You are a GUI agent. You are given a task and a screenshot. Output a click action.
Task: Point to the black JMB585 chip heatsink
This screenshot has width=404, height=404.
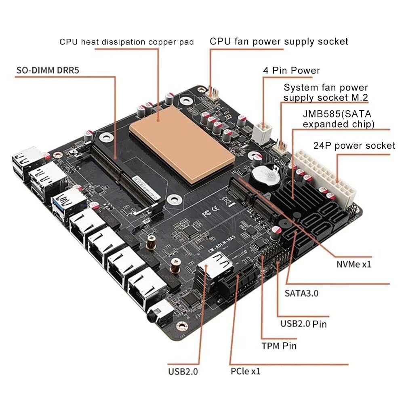(x=293, y=198)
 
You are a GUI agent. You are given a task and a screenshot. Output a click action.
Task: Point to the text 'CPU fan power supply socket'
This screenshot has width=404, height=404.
(x=279, y=41)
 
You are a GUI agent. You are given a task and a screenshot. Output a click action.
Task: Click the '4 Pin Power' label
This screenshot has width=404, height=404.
(x=291, y=71)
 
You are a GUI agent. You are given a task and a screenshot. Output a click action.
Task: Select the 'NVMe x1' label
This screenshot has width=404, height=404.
(x=353, y=265)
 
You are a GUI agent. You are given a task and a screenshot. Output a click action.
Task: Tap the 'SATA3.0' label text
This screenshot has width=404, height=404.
(x=301, y=293)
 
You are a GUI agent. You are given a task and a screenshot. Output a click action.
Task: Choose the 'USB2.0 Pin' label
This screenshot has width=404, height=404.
(x=303, y=324)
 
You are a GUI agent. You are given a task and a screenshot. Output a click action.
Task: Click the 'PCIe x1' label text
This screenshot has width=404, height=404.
(x=246, y=371)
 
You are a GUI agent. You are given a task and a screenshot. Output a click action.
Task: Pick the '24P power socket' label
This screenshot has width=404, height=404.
(x=354, y=145)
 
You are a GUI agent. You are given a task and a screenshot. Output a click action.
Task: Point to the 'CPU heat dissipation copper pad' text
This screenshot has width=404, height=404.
(x=126, y=42)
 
